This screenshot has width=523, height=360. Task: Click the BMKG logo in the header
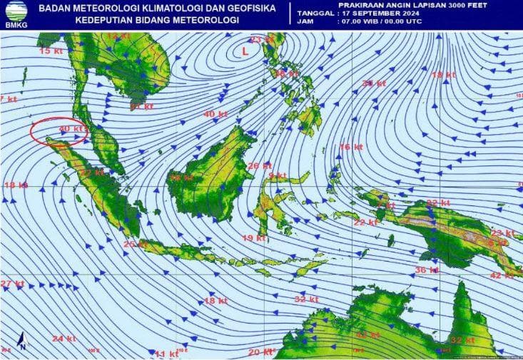(15, 15)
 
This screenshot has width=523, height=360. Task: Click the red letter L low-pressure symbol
(245, 51)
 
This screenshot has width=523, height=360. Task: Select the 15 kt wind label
(49, 51)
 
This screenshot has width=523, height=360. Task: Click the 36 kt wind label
(426, 269)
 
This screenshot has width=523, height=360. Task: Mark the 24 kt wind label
(64, 338)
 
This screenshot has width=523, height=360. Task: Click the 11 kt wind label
(166, 353)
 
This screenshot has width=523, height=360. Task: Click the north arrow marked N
(22, 341)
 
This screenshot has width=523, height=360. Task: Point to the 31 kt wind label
(373, 83)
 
